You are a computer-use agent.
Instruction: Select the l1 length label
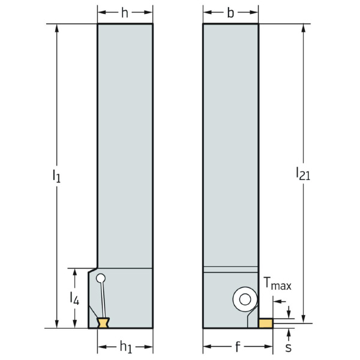pos(55,176)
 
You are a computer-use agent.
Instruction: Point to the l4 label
pos(74,298)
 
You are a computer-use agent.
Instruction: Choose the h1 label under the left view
pos(125,347)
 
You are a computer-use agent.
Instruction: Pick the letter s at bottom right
pos(288,348)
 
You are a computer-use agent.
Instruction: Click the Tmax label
pos(277,285)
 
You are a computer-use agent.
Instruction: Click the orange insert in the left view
pos(104,323)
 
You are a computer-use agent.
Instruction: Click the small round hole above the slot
pos(101,278)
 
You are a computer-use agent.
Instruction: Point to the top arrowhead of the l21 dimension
pos(305,28)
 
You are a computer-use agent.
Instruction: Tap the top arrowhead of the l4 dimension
pos(74,272)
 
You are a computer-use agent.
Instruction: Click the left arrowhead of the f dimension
pos(206,346)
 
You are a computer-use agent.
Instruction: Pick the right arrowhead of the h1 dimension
pos(150,347)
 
